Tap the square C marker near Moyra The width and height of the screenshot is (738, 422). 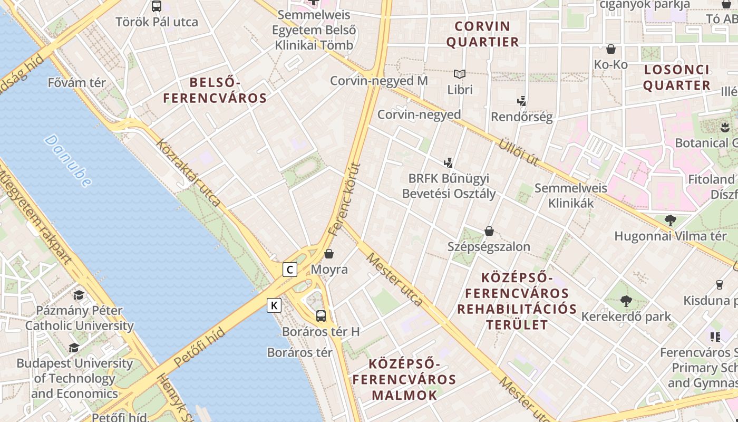point(290,270)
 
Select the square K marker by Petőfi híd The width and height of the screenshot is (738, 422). point(274,305)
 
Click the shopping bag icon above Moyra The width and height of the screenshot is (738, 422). point(329,254)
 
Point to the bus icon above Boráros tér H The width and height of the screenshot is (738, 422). point(321,316)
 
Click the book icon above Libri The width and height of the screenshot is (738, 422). point(460,74)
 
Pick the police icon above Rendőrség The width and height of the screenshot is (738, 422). point(521,100)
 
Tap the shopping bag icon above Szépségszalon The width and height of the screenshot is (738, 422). point(489,231)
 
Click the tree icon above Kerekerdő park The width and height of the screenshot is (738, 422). point(626,301)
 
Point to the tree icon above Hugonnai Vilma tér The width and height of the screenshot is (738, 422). point(670,220)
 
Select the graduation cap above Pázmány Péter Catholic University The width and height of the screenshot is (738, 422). point(79,295)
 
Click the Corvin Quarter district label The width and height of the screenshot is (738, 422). point(483,34)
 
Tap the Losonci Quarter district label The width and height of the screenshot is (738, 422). point(677,77)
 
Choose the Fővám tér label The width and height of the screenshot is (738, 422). point(77,83)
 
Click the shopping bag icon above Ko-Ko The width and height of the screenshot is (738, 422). point(611,49)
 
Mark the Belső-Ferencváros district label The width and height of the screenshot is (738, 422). point(215,90)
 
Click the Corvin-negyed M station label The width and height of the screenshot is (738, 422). point(378,81)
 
